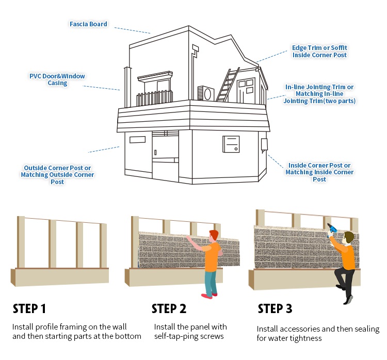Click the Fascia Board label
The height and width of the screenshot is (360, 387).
(x=88, y=24)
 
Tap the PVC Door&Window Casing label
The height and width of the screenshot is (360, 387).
(x=57, y=79)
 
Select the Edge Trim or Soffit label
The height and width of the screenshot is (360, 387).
(x=319, y=52)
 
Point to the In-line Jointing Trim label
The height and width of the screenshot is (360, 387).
(x=319, y=94)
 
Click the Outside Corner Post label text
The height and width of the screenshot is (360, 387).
(x=57, y=175)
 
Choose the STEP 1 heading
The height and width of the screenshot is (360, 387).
(x=29, y=308)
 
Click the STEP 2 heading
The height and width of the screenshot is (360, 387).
(x=169, y=308)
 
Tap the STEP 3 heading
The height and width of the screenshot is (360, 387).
(x=275, y=308)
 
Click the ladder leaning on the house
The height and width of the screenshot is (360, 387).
(x=228, y=85)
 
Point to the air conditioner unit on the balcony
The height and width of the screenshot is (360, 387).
(x=206, y=93)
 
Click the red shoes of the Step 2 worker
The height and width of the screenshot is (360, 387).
(x=209, y=296)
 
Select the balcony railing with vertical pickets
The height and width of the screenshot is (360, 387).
(x=154, y=98)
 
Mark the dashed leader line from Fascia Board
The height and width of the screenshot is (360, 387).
(x=132, y=30)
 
